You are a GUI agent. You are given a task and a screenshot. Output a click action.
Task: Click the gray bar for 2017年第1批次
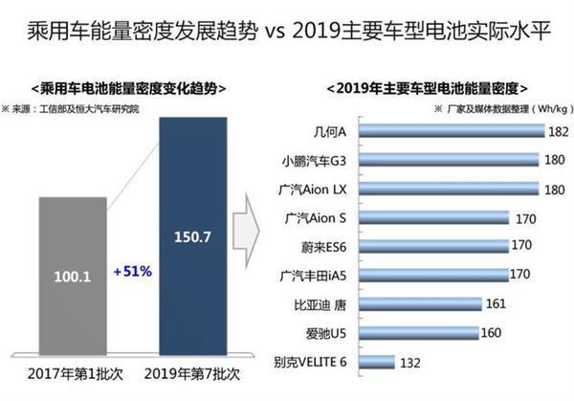point(74,277)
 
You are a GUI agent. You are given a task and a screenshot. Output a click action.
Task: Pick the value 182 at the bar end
point(560,130)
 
